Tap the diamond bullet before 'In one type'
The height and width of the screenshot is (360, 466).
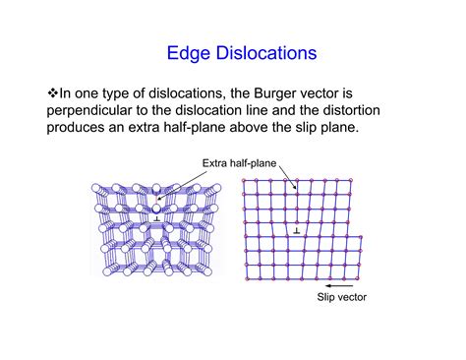(x=55, y=91)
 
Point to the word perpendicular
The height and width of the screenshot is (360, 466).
(x=97, y=110)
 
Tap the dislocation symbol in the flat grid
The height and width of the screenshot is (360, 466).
(x=294, y=231)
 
